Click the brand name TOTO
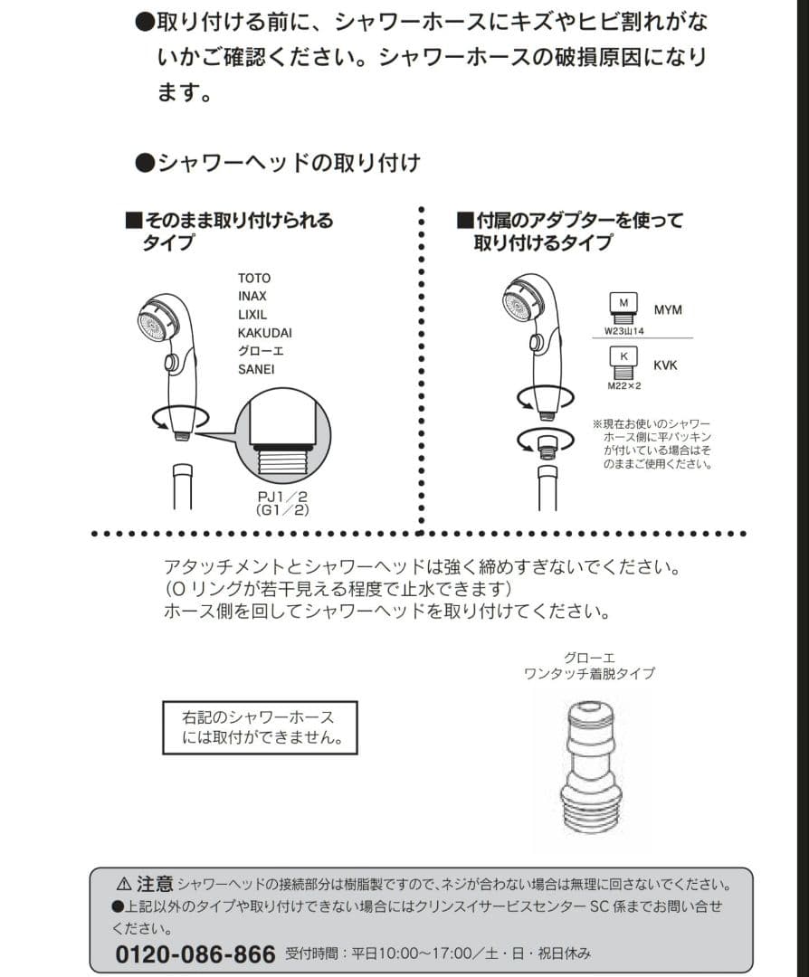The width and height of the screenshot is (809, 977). tap(253, 278)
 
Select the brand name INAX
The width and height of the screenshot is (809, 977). tap(252, 296)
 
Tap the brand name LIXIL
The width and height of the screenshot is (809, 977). tap(252, 314)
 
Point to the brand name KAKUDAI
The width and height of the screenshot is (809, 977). tap(264, 333)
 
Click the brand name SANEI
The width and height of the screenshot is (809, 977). tap(256, 369)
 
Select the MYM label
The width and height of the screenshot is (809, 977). tap(668, 310)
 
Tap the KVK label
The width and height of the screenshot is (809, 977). tap(665, 365)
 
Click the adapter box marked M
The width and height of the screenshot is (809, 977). tap(623, 304)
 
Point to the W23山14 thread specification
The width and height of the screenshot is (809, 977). tap(624, 331)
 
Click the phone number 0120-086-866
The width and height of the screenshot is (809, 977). tap(195, 954)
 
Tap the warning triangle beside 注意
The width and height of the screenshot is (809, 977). tap(124, 883)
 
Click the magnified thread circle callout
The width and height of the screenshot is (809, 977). tap(283, 441)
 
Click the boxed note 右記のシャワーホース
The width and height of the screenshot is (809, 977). tap(260, 727)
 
